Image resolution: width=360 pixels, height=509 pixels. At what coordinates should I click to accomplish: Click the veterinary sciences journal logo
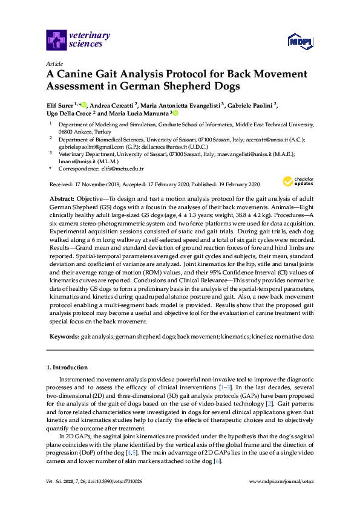(x=78, y=41)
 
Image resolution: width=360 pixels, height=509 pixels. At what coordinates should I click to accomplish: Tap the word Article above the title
(x=54, y=62)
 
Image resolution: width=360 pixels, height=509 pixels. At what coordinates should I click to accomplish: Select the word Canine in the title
(x=79, y=76)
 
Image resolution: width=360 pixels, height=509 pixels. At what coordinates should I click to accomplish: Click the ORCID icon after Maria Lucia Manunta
(x=175, y=113)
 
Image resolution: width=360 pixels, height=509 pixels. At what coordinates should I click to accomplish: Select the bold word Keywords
(x=64, y=336)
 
